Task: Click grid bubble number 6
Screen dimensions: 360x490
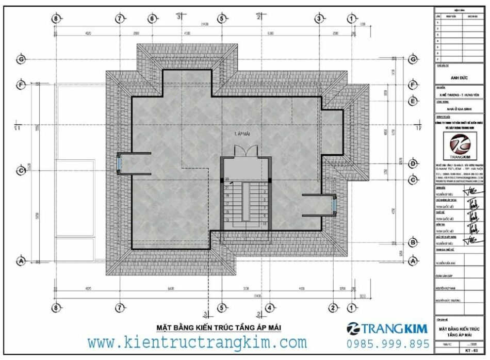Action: pyautogui.click(x=152, y=19)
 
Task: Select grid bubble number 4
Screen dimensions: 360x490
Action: pyautogui.click(x=269, y=307)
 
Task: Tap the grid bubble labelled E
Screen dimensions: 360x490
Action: pyautogui.click(x=413, y=101)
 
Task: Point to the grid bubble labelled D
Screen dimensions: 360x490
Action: pyautogui.click(x=413, y=163)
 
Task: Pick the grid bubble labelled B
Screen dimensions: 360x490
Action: pyautogui.click(x=413, y=242)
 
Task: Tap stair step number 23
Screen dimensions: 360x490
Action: pyautogui.click(x=226, y=179)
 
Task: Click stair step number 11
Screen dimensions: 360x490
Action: pyautogui.click(x=264, y=225)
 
